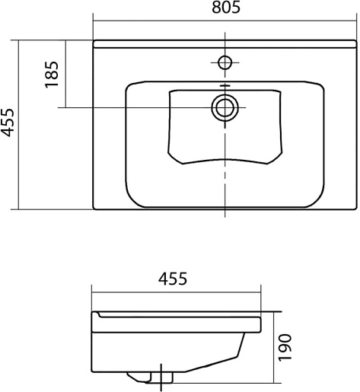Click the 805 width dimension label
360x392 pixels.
pos(226,8)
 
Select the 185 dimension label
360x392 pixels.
pos(52,75)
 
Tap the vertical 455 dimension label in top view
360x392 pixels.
pos(7,123)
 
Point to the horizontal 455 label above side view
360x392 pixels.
pos(173,279)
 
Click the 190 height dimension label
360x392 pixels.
pos(285,348)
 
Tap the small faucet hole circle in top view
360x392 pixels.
pos(225,62)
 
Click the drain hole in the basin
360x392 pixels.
pos(225,107)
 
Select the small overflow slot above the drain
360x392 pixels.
pos(225,86)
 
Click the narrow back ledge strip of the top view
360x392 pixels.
pos(225,44)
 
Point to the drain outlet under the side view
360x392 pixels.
pos(150,378)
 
